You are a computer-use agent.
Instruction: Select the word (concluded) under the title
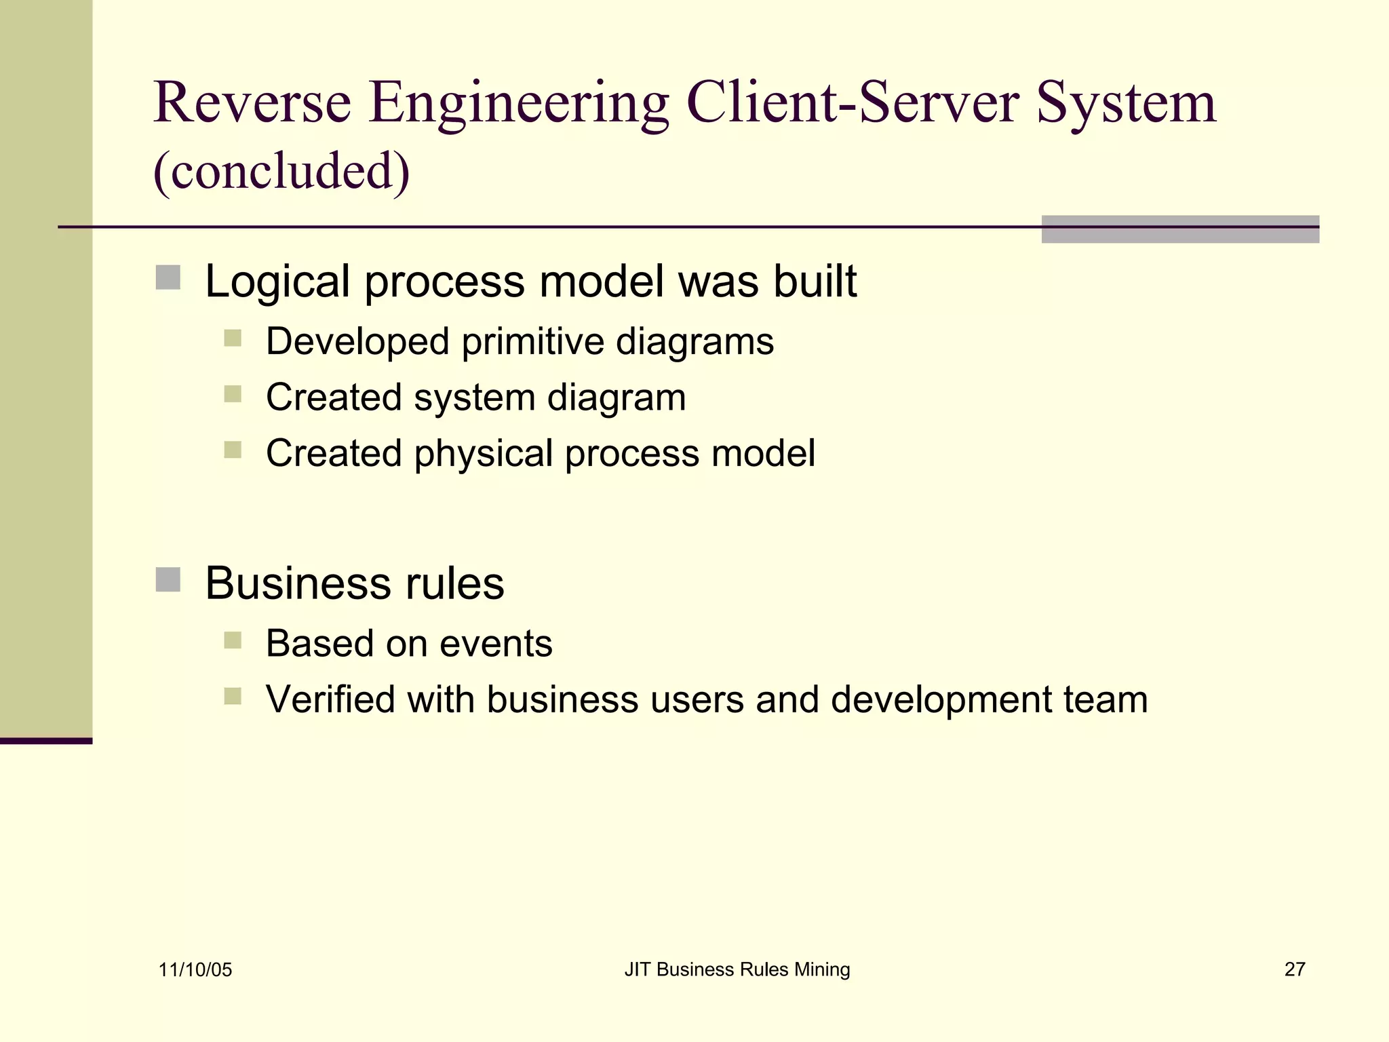coord(281,171)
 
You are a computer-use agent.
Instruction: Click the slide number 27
coord(1294,969)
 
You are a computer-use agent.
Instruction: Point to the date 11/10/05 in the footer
coord(195,970)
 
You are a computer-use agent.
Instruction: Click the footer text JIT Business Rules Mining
coord(737,970)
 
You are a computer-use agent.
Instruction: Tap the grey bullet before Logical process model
coord(168,277)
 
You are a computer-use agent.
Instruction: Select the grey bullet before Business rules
coord(168,580)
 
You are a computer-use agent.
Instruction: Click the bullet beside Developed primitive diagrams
coord(233,338)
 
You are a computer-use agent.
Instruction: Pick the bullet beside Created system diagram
coord(233,394)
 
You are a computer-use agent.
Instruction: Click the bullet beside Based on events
coord(233,640)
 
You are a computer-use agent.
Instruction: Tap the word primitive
coord(532,341)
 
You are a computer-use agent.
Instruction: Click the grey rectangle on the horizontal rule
coord(1180,229)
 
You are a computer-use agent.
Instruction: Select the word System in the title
coord(1126,103)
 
